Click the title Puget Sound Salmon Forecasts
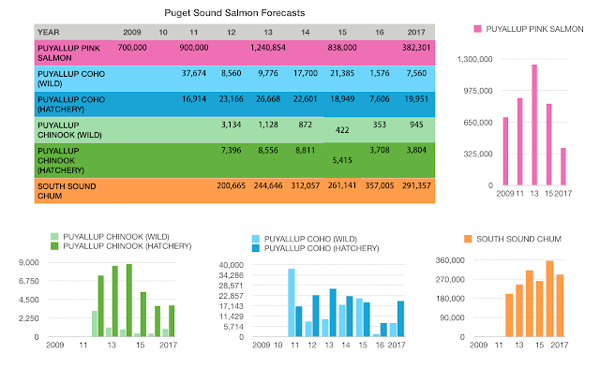click(234, 13)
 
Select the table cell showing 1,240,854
click(268, 48)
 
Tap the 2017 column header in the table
click(416, 32)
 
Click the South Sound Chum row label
click(67, 191)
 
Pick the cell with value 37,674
click(194, 73)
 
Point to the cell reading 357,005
click(379, 185)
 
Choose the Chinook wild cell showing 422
click(342, 130)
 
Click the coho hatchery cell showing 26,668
click(268, 99)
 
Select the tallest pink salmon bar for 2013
click(534, 125)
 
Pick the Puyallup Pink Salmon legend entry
click(529, 29)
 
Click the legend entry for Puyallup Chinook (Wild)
click(111, 237)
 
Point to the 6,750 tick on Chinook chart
click(29, 281)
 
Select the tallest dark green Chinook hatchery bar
click(129, 301)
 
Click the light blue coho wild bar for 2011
click(292, 302)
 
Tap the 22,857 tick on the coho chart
click(232, 296)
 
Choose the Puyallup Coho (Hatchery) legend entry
click(315, 248)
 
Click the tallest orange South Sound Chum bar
click(549, 299)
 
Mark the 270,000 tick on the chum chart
click(450, 279)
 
